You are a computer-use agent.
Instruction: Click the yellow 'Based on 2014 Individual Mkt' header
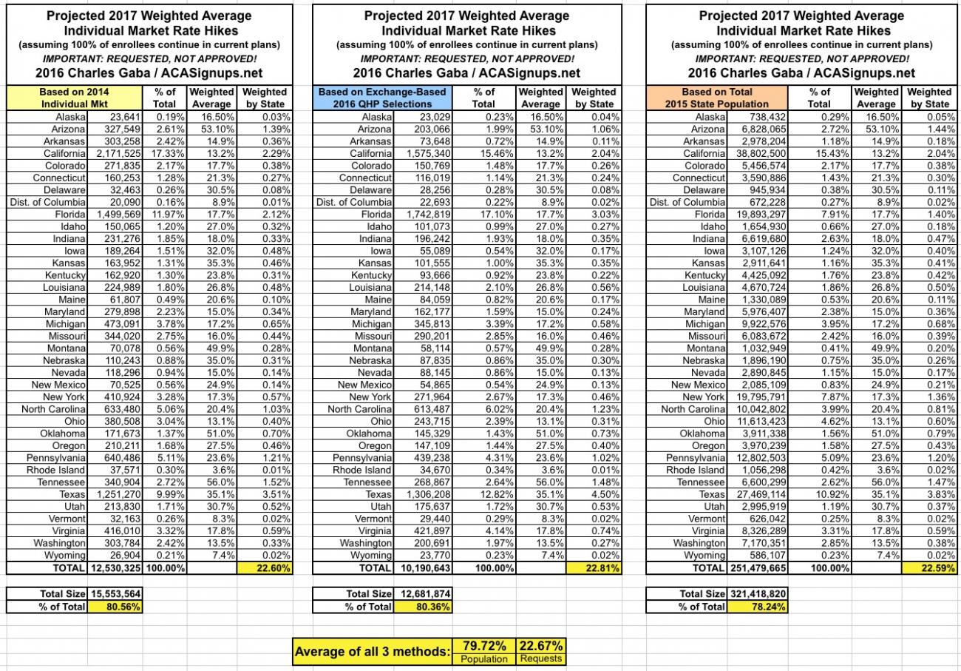point(74,98)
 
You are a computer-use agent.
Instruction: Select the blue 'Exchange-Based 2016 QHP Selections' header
point(382,98)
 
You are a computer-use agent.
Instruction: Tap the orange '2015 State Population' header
point(716,98)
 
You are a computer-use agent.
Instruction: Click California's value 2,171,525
point(115,152)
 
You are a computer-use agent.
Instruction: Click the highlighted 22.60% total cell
point(265,568)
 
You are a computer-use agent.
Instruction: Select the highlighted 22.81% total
point(594,568)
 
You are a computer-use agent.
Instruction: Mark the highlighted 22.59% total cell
point(929,568)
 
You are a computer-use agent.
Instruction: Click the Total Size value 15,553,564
point(115,593)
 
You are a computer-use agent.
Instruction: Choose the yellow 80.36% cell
point(422,607)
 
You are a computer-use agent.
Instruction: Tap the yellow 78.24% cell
point(758,607)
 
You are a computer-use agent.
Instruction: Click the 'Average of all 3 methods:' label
point(372,652)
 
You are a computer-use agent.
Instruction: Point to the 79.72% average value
point(485,646)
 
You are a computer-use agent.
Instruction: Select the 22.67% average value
point(541,646)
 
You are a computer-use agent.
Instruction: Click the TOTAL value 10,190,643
point(422,568)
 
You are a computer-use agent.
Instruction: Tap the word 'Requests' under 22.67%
point(541,658)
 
